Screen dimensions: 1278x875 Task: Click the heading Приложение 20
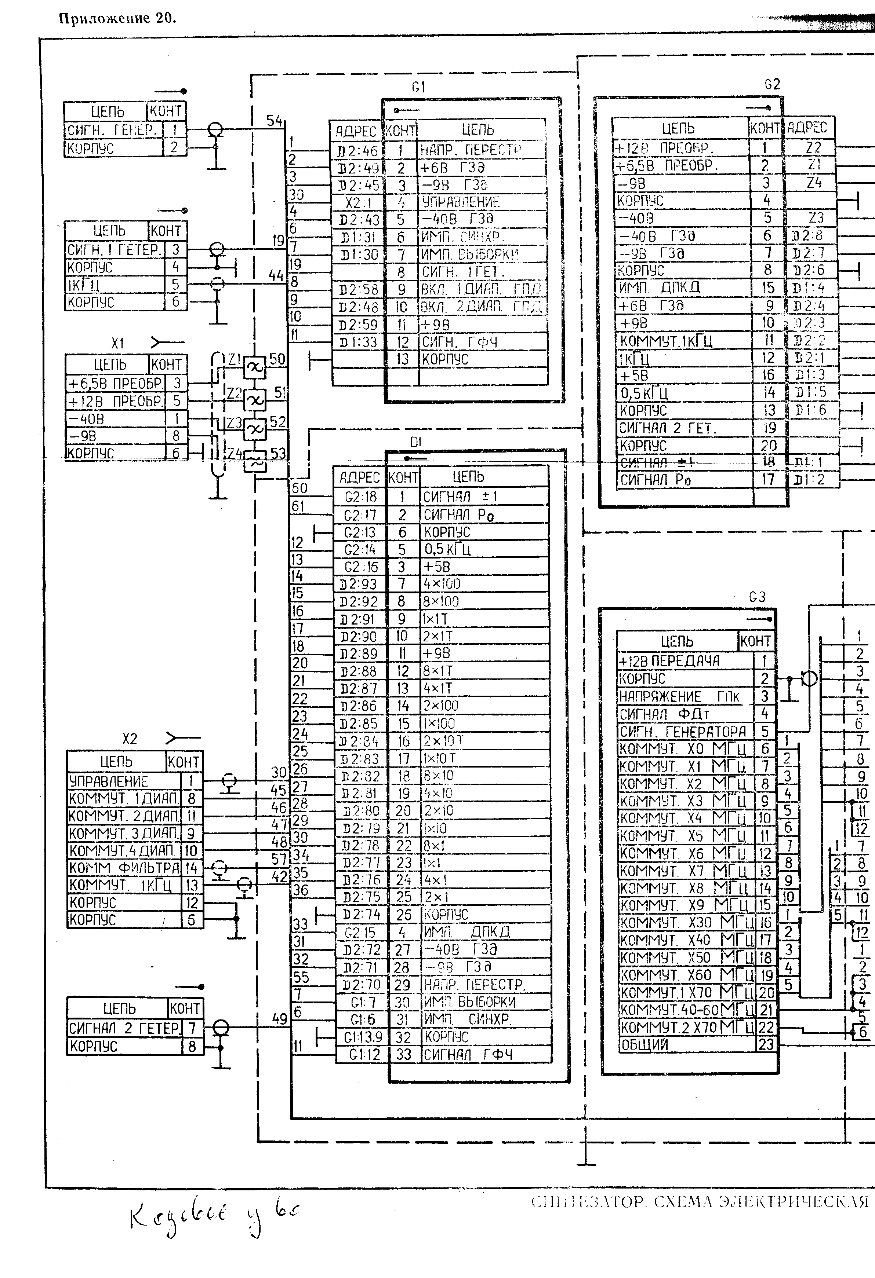point(117,18)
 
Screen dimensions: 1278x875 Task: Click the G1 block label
point(418,87)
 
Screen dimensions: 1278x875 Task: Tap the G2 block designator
point(772,84)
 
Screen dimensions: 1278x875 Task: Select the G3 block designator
point(757,597)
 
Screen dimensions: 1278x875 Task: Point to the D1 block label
point(415,442)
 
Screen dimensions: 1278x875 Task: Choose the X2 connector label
point(129,739)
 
